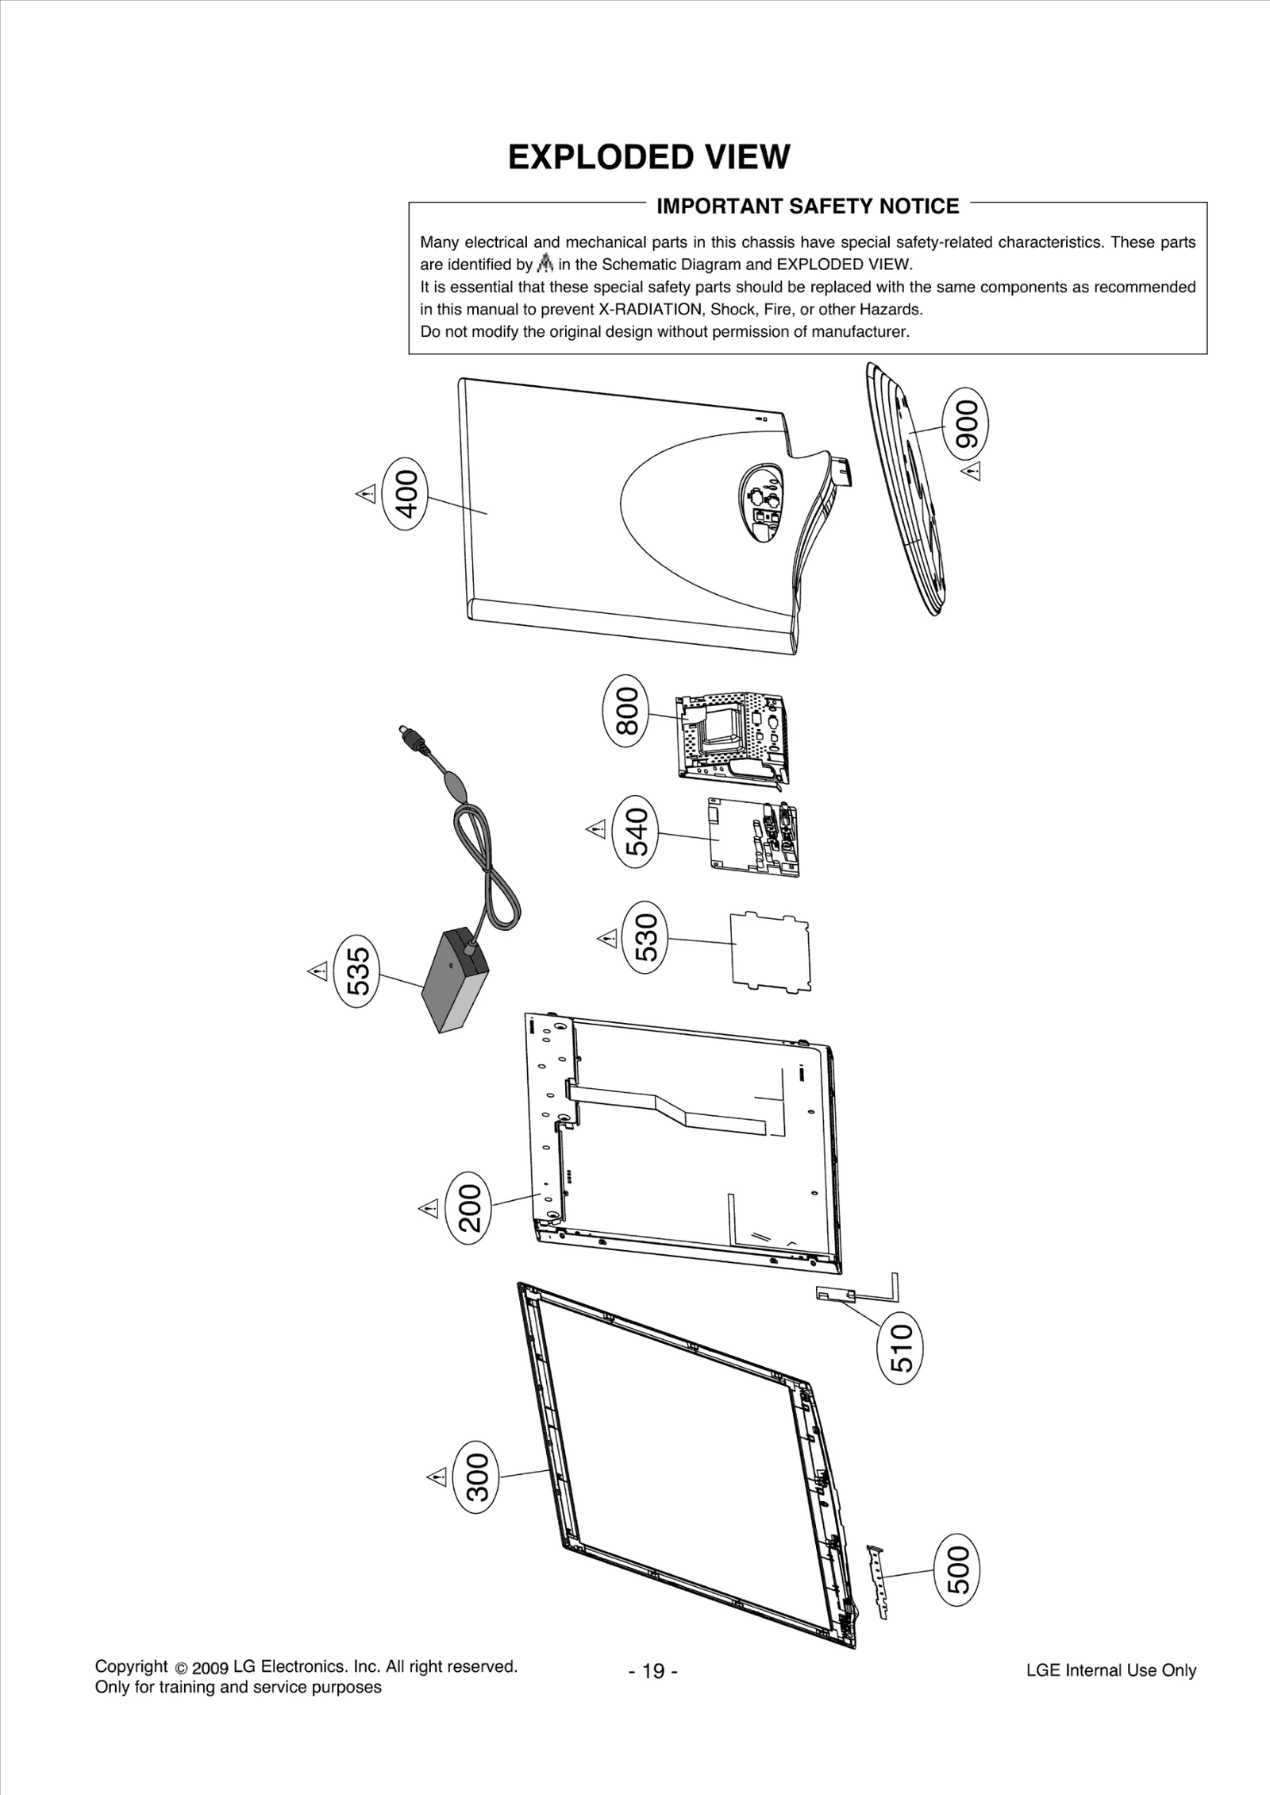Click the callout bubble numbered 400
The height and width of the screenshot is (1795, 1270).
point(405,494)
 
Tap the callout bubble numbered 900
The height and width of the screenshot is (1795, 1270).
point(965,430)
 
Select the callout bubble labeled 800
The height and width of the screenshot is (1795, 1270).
point(627,712)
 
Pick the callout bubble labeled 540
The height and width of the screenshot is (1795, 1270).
point(637,832)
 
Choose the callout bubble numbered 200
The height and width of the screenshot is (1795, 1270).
point(469,1207)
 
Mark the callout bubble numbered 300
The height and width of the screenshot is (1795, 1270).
point(475,1477)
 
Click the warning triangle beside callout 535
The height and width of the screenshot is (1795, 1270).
point(317,971)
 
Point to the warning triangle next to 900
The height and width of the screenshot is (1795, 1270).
point(972,472)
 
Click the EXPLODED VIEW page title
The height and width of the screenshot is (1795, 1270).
point(648,157)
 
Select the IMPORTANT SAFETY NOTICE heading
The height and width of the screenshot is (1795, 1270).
point(807,207)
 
